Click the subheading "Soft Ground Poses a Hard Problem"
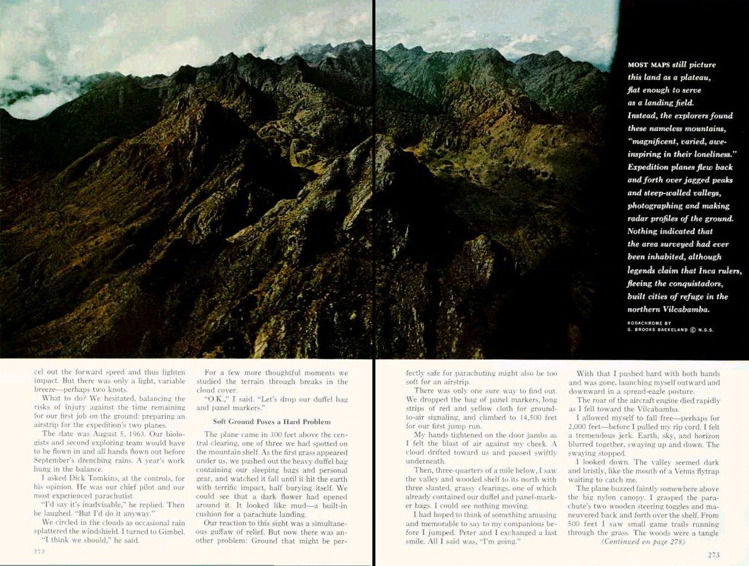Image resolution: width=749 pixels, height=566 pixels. click(x=272, y=422)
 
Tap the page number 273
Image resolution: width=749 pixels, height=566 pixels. click(x=714, y=554)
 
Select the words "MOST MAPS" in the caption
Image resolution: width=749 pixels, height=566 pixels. click(x=648, y=64)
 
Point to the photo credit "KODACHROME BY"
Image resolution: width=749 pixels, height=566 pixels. click(x=649, y=322)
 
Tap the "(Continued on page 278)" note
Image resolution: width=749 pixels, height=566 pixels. click(x=642, y=542)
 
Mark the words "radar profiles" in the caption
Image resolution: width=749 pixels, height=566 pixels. click(x=654, y=218)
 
